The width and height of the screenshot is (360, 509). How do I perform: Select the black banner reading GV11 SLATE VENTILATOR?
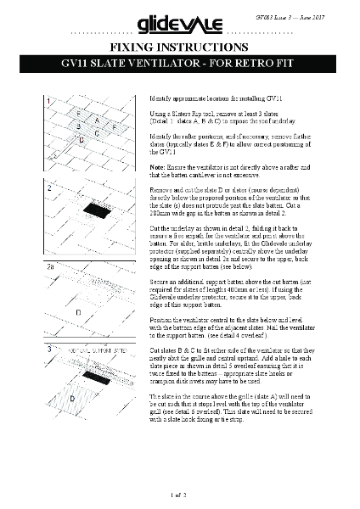point(179,64)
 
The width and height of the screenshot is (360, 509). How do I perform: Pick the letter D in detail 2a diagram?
point(79,312)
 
